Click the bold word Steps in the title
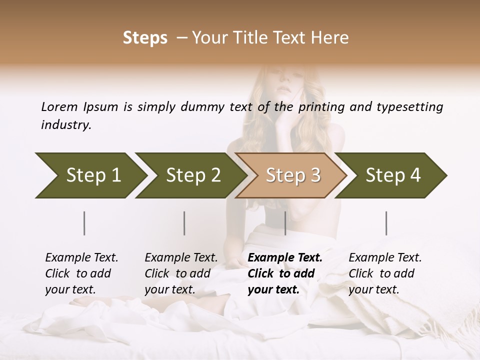tap(145, 38)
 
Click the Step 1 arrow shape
tap(90, 175)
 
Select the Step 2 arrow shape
tap(190, 175)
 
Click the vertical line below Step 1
tap(84, 223)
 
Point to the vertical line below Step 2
tap(184, 223)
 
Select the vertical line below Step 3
tap(285, 223)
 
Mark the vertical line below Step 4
tap(386, 223)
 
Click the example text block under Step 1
tap(81, 273)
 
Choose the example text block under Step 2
tap(181, 273)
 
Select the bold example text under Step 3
tap(285, 273)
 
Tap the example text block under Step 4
tap(385, 273)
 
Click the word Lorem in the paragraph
tap(59, 106)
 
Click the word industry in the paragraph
tap(66, 124)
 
